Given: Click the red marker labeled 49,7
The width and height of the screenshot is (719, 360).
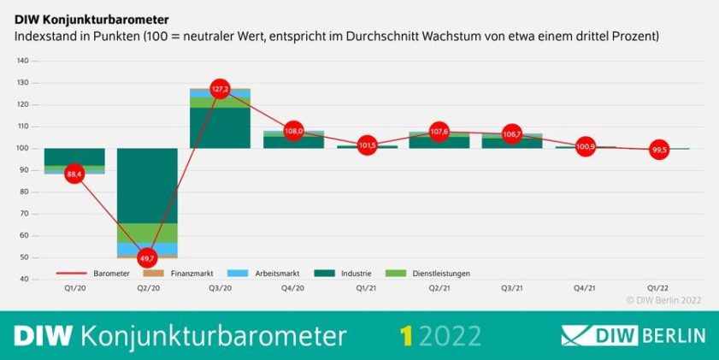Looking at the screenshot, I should coord(147,257).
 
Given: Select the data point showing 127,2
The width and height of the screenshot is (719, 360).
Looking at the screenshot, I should coord(220,89).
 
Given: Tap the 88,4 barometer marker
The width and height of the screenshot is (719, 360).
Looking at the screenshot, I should coord(74,174).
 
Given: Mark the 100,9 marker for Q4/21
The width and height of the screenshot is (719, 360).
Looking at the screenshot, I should coord(586,146).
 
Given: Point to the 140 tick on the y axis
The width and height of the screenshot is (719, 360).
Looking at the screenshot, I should coord(23,61).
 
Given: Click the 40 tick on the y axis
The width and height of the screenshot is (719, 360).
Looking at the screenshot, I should coord(25,279).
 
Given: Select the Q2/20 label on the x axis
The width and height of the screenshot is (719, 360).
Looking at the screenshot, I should coord(147,288).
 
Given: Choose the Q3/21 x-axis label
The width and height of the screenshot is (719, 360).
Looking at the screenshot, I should coord(512,288).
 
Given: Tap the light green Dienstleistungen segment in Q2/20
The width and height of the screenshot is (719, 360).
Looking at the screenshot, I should coord(147,233).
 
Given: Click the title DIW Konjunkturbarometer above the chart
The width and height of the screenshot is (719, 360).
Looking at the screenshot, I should coord(91,18).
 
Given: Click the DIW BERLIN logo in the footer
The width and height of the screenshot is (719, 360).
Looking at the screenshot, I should coord(634,334).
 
